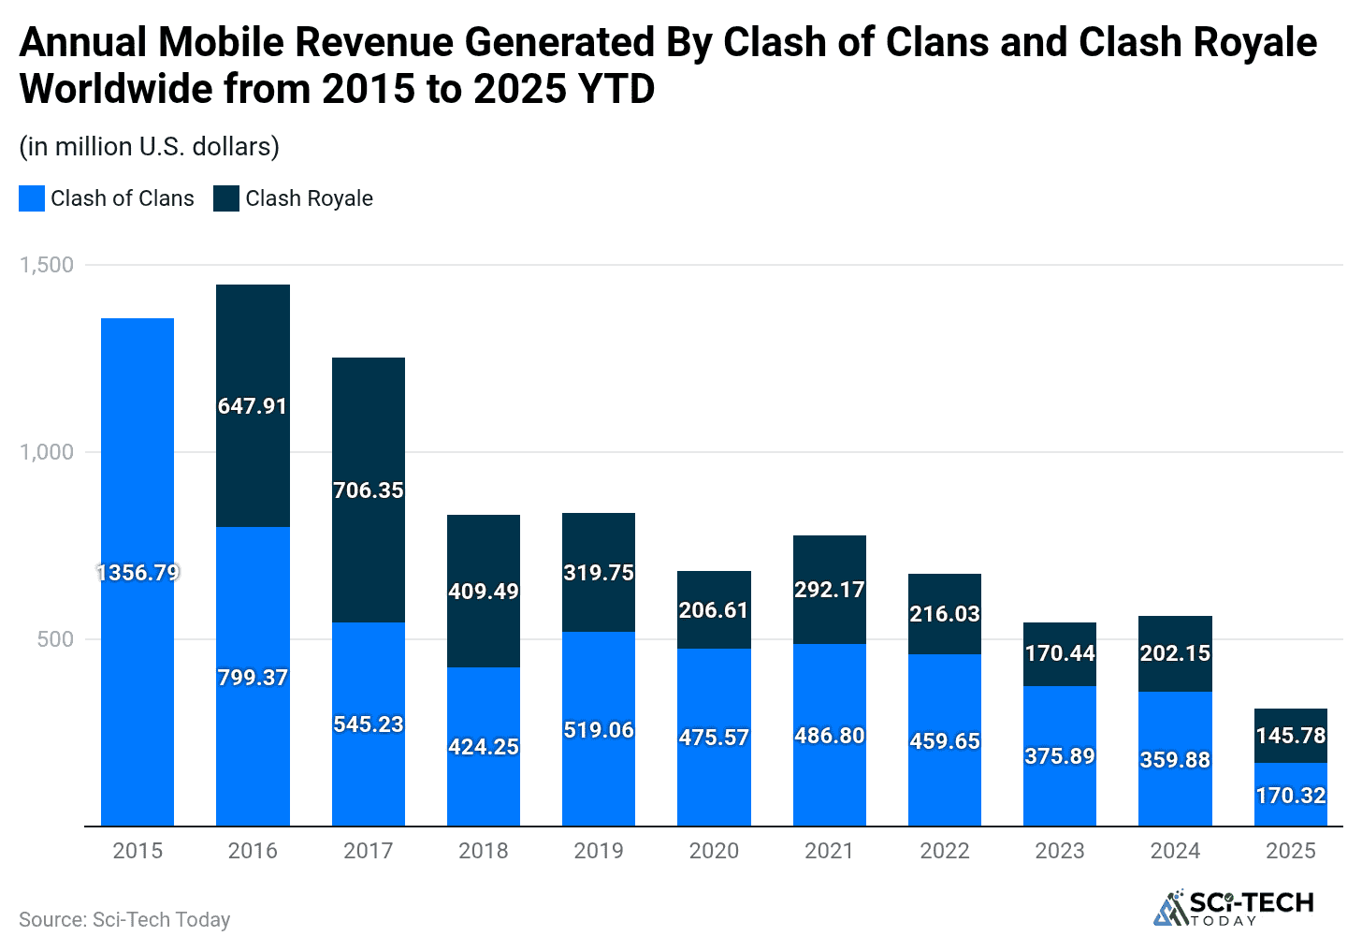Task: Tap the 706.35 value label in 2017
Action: (369, 490)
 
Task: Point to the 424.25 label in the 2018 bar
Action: (484, 747)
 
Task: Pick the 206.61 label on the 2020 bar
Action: (714, 610)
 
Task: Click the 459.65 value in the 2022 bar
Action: (945, 741)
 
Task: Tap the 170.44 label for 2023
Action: (1060, 653)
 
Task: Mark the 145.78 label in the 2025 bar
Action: (1291, 736)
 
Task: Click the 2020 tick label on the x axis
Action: (714, 851)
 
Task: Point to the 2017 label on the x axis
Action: (369, 851)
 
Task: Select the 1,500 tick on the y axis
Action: (47, 265)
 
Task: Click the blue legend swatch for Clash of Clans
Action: (32, 198)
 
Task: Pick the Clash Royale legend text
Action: (309, 198)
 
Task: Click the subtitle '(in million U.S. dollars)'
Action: (150, 147)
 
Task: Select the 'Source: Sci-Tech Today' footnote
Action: (124, 920)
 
